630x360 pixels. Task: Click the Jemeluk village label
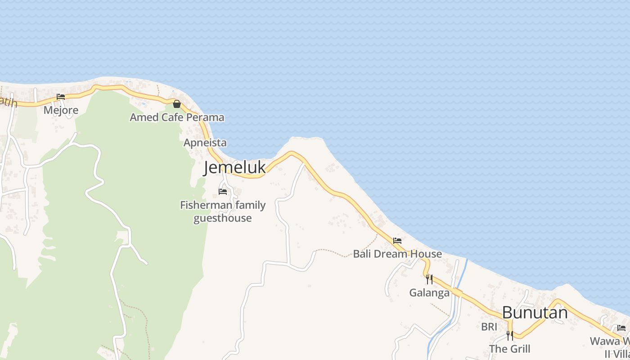tap(234, 167)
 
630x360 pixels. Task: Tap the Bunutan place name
tap(535, 312)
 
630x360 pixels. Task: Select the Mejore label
tap(61, 110)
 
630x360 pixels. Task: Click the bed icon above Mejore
tap(61, 97)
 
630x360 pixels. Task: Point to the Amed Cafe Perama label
tap(177, 117)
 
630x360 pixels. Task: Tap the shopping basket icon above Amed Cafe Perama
tap(177, 104)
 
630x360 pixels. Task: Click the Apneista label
tap(205, 143)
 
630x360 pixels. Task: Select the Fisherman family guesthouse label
tap(223, 211)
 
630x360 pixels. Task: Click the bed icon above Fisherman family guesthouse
tap(222, 192)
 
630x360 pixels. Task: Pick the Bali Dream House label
tap(397, 254)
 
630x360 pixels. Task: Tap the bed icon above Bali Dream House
tap(397, 241)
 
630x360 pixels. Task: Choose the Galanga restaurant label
tap(429, 293)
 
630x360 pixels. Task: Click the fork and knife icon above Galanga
tap(429, 279)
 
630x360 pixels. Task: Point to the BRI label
tap(489, 327)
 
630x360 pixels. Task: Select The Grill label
tap(509, 349)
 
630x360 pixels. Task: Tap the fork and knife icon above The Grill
tap(509, 336)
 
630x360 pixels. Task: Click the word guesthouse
tap(222, 218)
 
